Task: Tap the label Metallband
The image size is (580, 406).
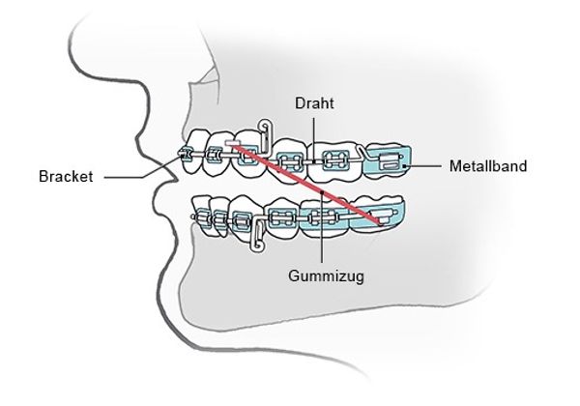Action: point(488,167)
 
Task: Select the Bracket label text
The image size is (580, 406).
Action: point(66,177)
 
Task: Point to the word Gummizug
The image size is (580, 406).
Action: point(319,274)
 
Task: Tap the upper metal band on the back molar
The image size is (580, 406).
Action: point(387,162)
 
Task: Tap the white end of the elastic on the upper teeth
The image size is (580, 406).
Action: point(233,144)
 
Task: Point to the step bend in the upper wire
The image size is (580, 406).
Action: point(362,152)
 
